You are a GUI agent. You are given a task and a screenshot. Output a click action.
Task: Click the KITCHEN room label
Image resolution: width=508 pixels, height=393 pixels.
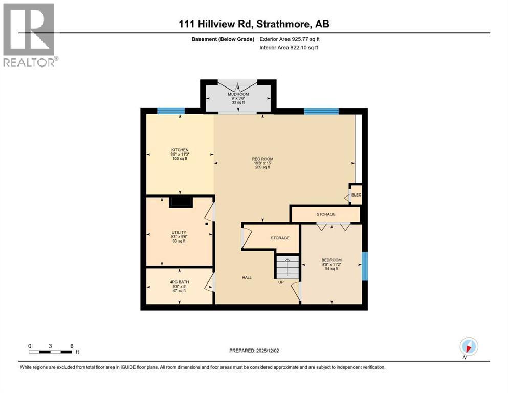click(180, 150)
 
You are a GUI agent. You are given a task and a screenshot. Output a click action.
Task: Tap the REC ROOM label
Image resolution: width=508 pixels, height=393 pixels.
click(262, 159)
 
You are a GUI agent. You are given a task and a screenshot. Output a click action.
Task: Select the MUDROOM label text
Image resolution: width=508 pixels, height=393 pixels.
click(238, 94)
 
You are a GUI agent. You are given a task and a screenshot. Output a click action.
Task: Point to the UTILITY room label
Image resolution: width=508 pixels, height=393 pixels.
click(179, 233)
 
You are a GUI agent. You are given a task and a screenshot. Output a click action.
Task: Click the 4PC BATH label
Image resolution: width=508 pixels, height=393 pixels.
click(180, 282)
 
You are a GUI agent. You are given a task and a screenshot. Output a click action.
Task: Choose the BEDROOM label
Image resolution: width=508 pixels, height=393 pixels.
click(332, 260)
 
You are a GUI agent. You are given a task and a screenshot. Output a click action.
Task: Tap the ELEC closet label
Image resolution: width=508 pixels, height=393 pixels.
click(357, 195)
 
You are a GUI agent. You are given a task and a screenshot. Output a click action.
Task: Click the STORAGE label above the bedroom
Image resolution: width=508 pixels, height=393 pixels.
click(326, 214)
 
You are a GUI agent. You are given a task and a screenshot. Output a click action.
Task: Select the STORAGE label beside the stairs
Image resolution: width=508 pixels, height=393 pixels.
click(280, 238)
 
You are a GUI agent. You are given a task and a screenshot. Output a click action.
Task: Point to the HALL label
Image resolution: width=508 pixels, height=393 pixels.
click(247, 278)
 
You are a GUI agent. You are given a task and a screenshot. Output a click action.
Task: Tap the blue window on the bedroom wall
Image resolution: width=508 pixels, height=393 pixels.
click(365, 266)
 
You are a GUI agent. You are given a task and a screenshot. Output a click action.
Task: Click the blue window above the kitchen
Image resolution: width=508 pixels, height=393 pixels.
click(171, 111)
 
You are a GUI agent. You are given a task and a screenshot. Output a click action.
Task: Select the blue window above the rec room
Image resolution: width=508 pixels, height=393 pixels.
click(321, 111)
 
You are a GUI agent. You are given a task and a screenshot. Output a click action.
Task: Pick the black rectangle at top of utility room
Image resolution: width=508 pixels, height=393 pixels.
click(181, 202)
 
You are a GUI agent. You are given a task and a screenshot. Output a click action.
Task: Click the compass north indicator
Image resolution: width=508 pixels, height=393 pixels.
click(469, 346)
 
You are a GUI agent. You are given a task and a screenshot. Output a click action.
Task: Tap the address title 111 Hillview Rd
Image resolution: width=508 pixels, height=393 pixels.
click(216, 24)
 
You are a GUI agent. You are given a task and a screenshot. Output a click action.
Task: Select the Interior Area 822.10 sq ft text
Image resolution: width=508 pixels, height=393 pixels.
click(289, 47)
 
